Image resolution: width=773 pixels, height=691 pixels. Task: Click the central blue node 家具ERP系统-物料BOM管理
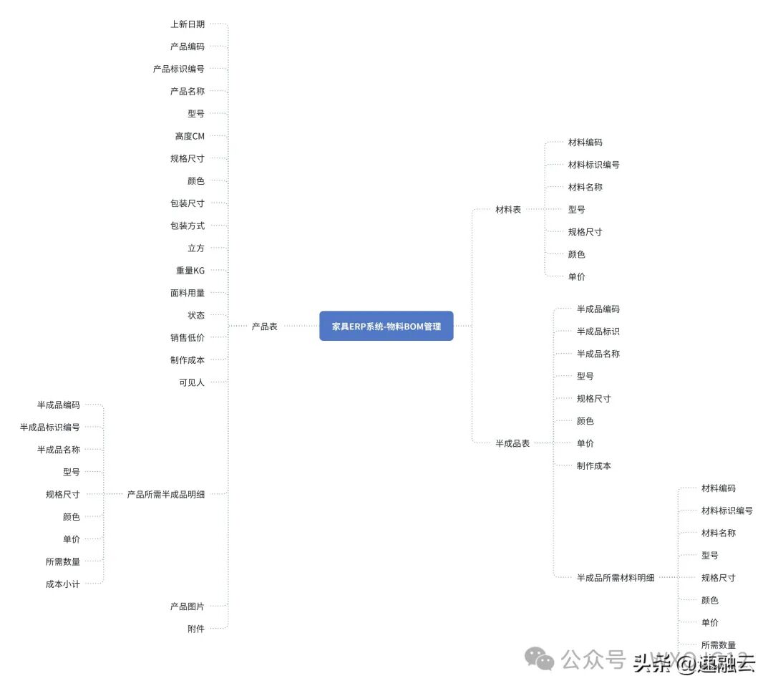click(386, 326)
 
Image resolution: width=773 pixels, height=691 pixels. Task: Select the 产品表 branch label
click(264, 327)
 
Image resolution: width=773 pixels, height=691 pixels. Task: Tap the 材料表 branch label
click(508, 210)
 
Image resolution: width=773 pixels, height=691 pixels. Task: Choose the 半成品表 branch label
click(512, 444)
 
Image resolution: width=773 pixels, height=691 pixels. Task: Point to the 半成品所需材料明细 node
click(616, 578)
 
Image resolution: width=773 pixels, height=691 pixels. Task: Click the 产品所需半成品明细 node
click(165, 494)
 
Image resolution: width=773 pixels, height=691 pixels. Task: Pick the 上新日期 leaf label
click(188, 24)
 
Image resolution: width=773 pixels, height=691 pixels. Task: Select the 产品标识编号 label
click(178, 69)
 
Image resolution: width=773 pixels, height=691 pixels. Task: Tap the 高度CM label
click(190, 136)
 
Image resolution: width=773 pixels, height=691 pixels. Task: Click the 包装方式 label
click(188, 226)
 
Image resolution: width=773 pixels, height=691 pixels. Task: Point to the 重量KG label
click(190, 271)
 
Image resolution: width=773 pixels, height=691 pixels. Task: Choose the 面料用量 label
click(188, 293)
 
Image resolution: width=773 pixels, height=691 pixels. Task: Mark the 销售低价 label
click(188, 338)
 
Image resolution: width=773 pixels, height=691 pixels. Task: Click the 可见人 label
click(192, 382)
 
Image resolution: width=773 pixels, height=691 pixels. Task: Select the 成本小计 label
click(63, 584)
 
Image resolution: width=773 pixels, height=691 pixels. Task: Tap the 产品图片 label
click(188, 607)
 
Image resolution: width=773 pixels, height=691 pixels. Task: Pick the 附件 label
click(196, 629)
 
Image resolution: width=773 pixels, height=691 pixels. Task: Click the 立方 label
click(196, 248)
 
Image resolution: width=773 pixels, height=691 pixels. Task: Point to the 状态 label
click(196, 315)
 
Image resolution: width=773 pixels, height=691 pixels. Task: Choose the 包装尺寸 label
click(188, 203)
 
